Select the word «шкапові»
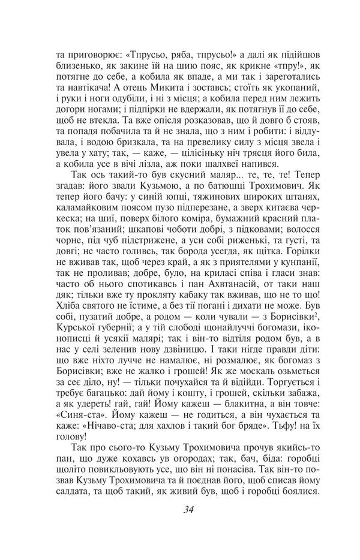coord(160,242)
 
